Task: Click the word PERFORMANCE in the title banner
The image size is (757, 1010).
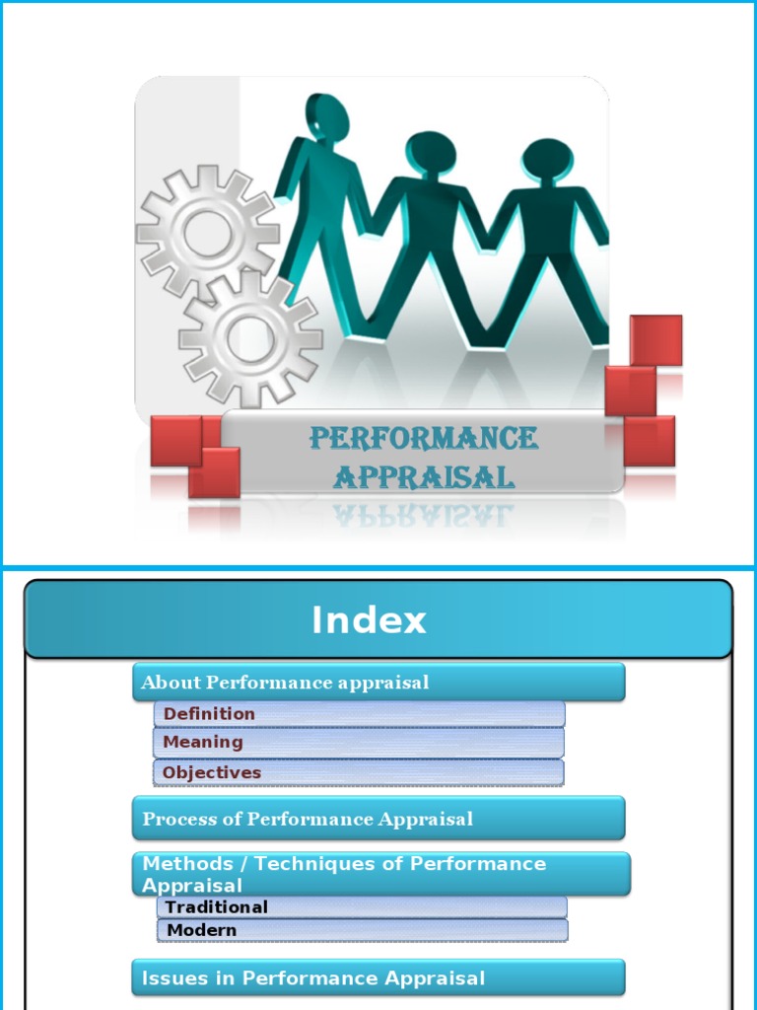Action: click(x=424, y=438)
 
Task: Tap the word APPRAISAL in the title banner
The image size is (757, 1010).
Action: click(x=424, y=477)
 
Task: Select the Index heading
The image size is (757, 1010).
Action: click(x=369, y=620)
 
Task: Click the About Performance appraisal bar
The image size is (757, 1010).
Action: click(x=378, y=683)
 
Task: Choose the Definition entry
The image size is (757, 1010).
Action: click(x=209, y=713)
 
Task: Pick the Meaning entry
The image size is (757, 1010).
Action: click(x=203, y=742)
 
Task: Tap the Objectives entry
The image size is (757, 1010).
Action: click(x=212, y=772)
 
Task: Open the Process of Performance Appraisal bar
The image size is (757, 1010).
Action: click(x=378, y=819)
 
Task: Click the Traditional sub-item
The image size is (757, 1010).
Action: click(x=217, y=906)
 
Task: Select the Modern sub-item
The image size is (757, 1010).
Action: click(x=202, y=929)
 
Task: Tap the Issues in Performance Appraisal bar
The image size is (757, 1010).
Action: click(x=378, y=978)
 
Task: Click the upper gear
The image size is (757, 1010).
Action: click(x=207, y=229)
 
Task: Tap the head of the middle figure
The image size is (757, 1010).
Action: click(x=431, y=154)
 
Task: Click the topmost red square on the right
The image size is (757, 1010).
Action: click(x=655, y=340)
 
